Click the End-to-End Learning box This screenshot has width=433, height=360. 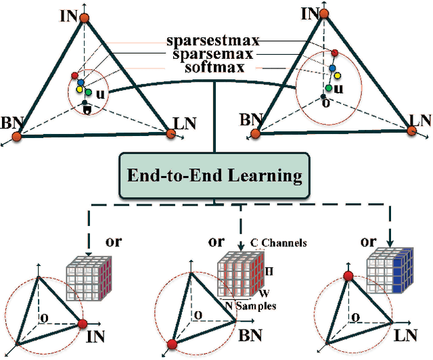tap(215, 177)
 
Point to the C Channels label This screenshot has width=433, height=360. tap(277, 243)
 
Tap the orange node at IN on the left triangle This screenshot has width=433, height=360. tap(84, 16)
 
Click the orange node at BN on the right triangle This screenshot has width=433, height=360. tap(255, 133)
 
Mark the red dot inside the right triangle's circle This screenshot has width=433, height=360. tap(334, 53)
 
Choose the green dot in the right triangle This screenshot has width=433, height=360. tap(328, 87)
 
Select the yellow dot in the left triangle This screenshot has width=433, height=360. tap(79, 89)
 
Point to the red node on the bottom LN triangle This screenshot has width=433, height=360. tap(349, 277)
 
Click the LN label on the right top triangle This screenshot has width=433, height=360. tap(421, 121)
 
